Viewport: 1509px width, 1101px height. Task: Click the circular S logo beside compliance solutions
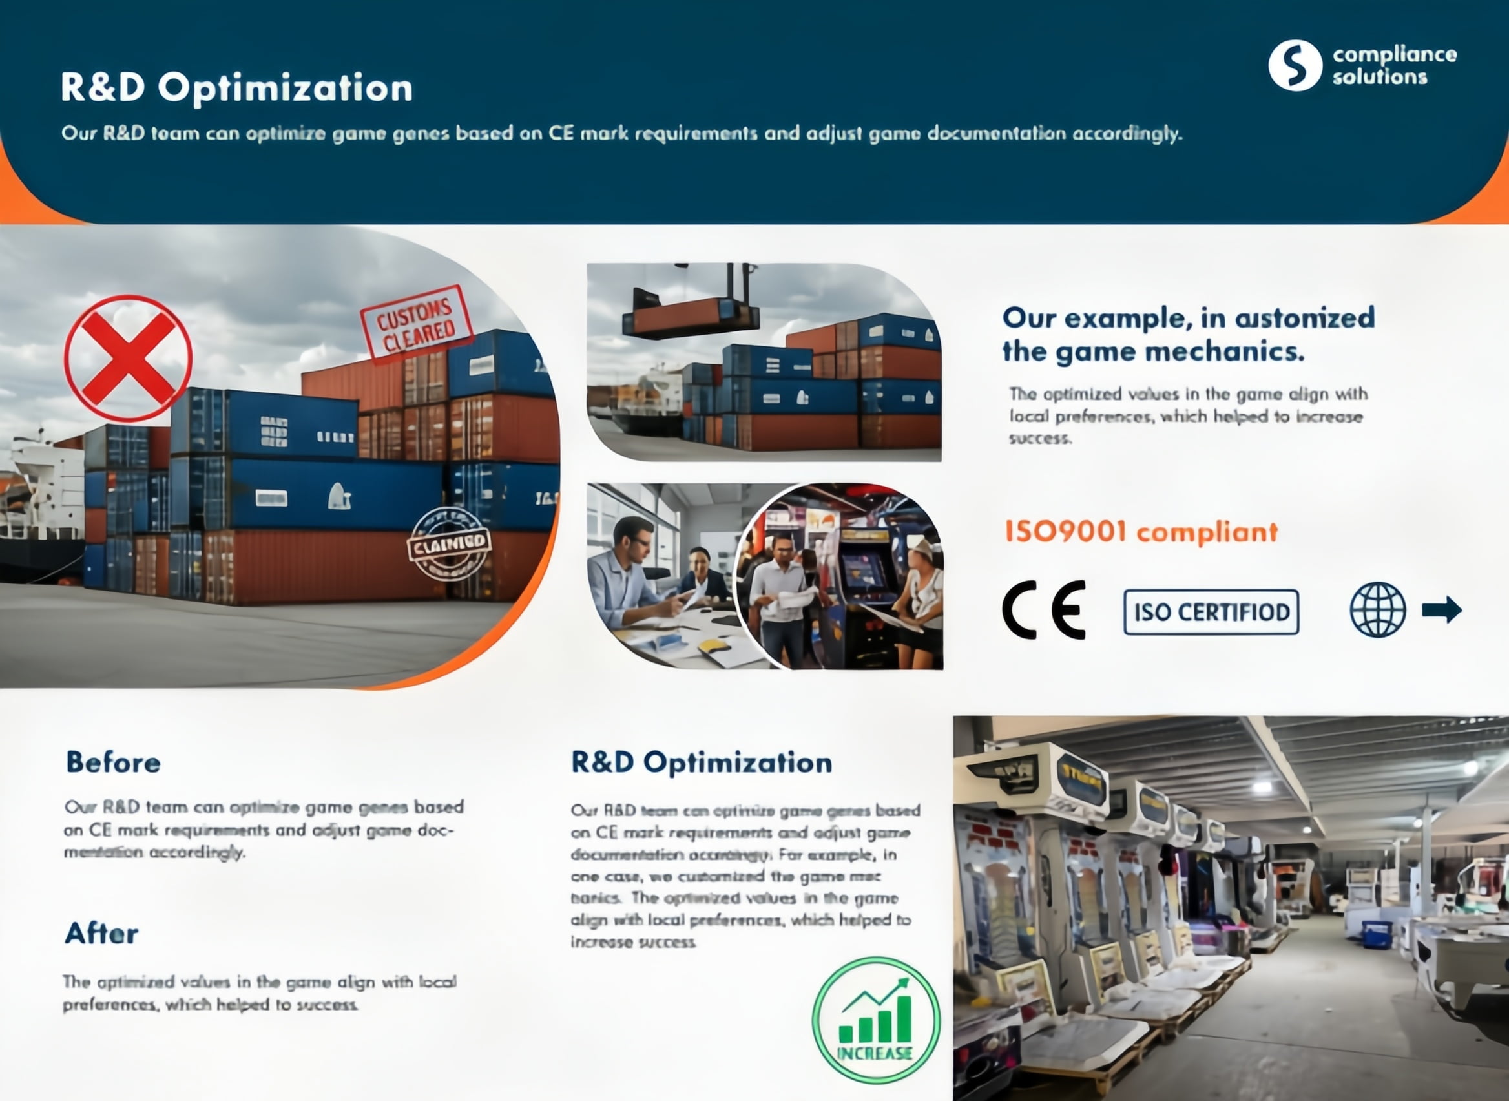coord(1295,65)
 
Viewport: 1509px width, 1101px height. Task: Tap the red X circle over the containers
coord(129,359)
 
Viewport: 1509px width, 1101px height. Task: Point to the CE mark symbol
coord(1044,610)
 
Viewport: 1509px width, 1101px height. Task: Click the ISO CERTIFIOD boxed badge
coord(1211,612)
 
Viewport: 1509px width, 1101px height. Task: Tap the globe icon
coord(1378,610)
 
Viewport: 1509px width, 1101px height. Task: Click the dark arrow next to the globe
coord(1442,609)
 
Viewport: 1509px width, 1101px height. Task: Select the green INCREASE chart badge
coord(875,1020)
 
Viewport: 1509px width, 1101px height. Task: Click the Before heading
coord(113,762)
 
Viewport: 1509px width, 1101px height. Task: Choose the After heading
coord(102,933)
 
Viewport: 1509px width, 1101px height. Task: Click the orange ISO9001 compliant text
coord(1141,532)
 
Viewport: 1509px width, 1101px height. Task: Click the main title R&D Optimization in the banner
coord(236,87)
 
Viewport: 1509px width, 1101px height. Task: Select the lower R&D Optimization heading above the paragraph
coord(702,762)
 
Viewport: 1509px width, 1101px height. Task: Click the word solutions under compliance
coord(1379,78)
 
